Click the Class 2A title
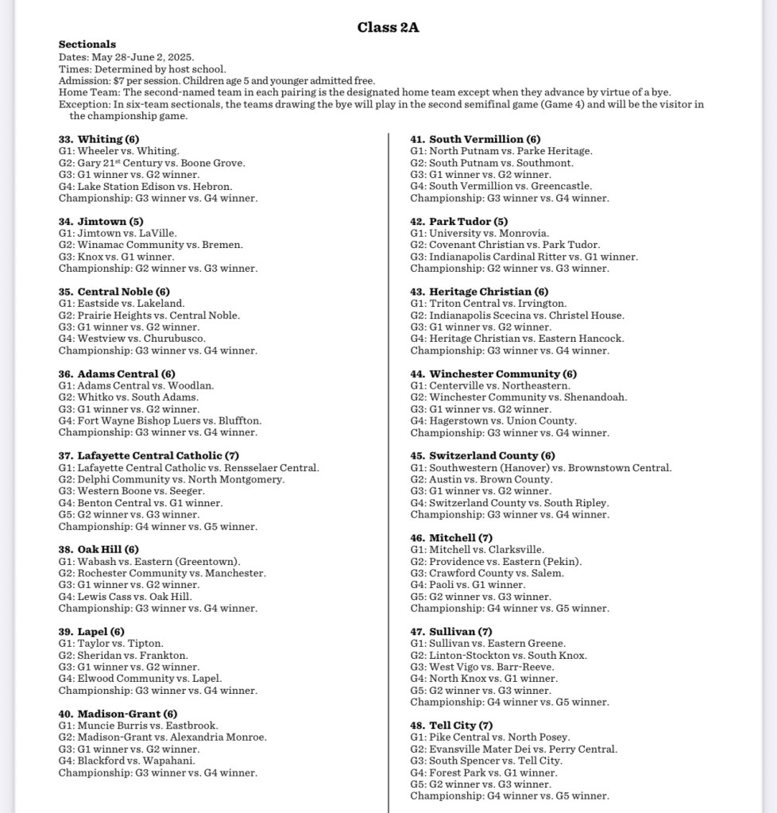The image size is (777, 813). [x=388, y=28]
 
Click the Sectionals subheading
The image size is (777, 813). [x=87, y=45]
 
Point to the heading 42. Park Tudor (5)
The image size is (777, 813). [x=458, y=222]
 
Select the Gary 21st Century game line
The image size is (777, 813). [x=152, y=163]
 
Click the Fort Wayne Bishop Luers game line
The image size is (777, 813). [x=160, y=421]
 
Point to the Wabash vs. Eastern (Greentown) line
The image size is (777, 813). [x=149, y=562]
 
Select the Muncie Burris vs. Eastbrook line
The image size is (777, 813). [x=138, y=726]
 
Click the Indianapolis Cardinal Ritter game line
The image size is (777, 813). [x=524, y=257]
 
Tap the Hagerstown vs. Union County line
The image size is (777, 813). [x=493, y=421]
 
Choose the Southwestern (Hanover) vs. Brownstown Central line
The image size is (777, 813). [x=541, y=468]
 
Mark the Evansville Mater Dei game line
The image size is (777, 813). [x=513, y=749]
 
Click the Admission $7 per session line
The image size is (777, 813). [x=217, y=81]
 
